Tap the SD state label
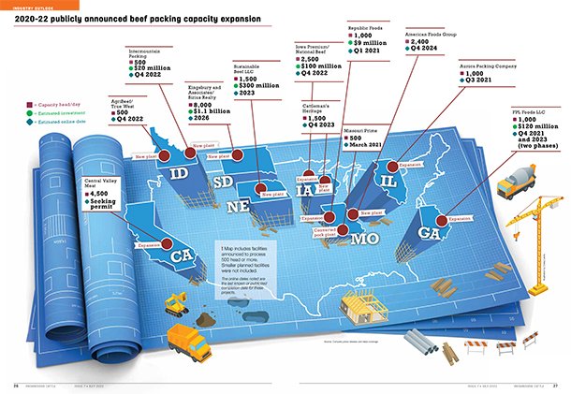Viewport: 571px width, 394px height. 225,182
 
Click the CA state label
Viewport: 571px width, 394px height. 182,252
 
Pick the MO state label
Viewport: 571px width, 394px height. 365,238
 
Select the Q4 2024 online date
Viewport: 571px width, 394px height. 431,52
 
